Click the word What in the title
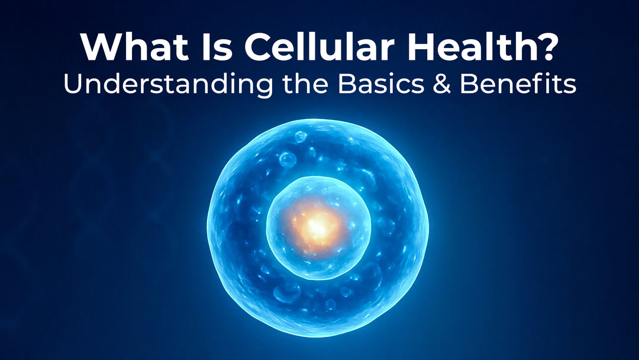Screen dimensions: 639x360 click(134, 46)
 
